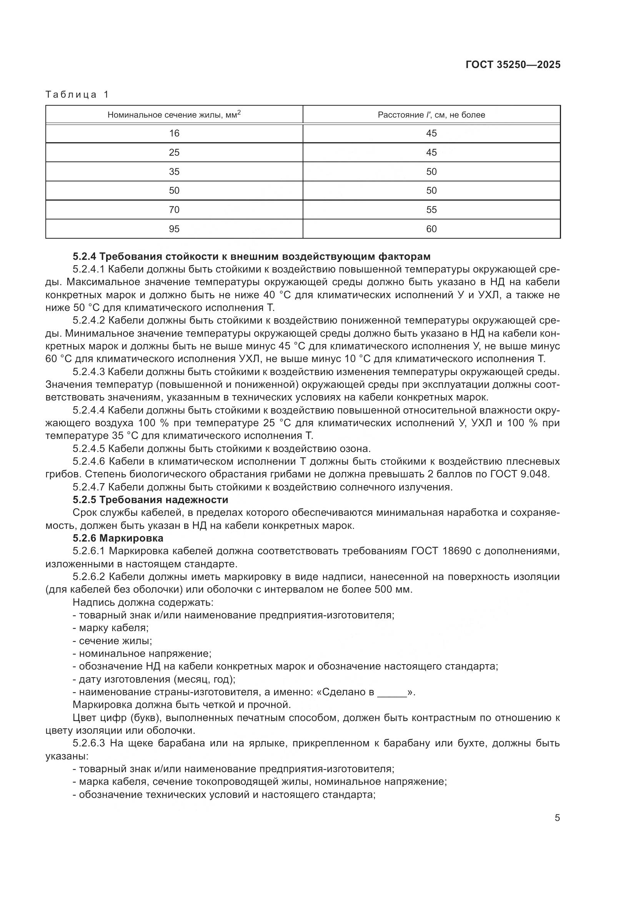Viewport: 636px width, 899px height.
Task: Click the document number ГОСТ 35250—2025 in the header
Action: [x=513, y=65]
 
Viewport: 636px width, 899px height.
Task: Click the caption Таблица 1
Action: [x=77, y=95]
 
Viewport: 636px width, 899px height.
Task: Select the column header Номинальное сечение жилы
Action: [x=174, y=115]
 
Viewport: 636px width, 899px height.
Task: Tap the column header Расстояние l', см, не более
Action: [x=431, y=115]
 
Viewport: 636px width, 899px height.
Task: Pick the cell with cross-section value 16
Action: [x=174, y=133]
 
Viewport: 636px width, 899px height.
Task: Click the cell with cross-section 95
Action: [x=174, y=229]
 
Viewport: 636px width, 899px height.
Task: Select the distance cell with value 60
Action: [x=431, y=229]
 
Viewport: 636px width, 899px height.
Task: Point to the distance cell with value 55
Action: [x=431, y=210]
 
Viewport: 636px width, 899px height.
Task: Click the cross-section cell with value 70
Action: [x=174, y=210]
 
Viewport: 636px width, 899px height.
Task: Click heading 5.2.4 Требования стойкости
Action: [x=251, y=256]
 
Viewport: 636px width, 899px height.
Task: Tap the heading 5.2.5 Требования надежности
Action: [x=150, y=500]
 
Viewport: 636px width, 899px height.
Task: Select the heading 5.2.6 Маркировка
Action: [x=118, y=538]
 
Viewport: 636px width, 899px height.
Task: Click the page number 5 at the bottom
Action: [x=557, y=818]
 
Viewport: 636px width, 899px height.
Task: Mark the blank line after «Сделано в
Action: [x=392, y=692]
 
